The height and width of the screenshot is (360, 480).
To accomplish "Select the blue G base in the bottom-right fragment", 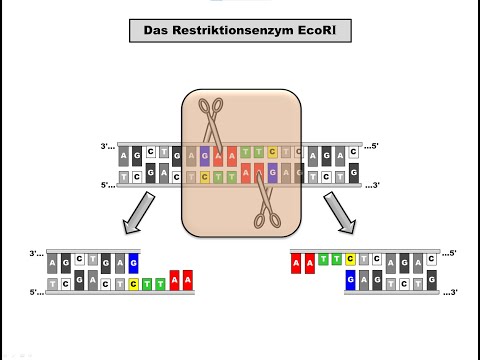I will (x=350, y=284).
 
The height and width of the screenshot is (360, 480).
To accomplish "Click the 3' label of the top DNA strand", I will (x=107, y=147).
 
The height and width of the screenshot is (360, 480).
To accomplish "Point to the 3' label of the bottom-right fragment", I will (x=452, y=292).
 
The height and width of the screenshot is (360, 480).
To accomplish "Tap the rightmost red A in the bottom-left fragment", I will (x=189, y=284).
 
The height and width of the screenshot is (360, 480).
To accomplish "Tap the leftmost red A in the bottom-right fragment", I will (x=297, y=263).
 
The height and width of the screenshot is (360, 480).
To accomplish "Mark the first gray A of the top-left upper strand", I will (x=124, y=156).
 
